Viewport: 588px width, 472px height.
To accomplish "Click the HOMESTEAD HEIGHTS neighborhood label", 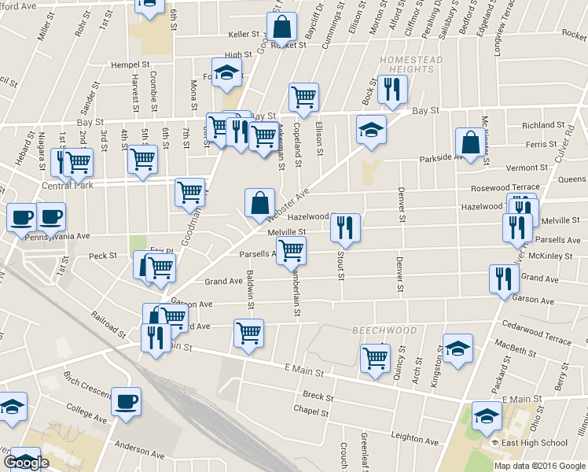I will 411,65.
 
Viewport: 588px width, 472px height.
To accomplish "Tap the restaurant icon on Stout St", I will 345,227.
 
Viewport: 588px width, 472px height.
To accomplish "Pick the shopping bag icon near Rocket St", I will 281,28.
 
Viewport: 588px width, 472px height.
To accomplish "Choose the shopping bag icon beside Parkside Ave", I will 470,142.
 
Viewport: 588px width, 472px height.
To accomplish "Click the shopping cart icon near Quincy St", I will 375,358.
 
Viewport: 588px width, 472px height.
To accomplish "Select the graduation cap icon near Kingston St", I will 458,347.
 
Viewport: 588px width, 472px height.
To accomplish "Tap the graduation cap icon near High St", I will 227,72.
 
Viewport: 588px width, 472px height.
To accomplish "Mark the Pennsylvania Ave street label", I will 58,235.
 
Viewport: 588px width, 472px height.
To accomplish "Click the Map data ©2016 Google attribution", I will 540,465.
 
